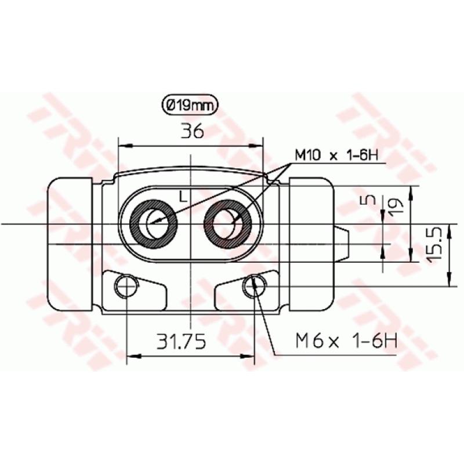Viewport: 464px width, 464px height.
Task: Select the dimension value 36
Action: (x=191, y=132)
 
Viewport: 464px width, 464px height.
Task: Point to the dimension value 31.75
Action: (x=182, y=342)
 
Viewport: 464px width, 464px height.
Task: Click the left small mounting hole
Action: (x=125, y=286)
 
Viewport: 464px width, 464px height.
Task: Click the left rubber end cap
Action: (x=68, y=244)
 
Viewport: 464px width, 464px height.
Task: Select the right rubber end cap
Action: (x=311, y=244)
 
